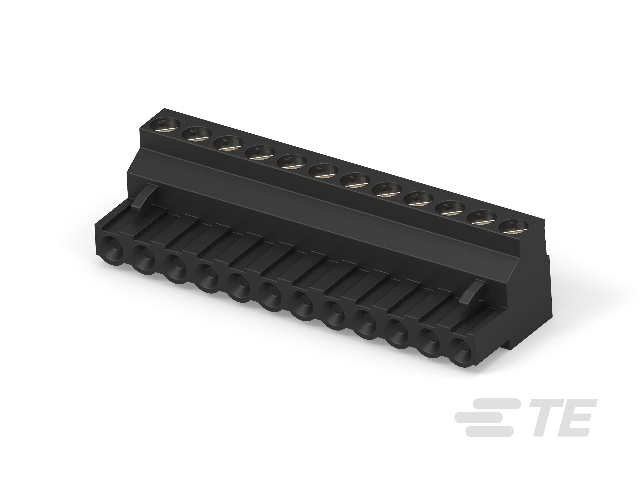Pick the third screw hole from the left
click(228, 143)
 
